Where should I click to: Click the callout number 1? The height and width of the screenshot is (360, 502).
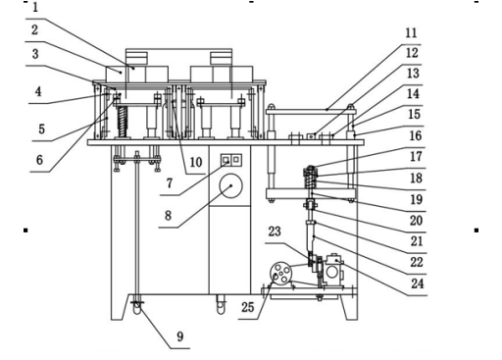[35, 8]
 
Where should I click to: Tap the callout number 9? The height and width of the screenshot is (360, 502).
[180, 336]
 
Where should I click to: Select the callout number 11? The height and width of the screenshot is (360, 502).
[411, 32]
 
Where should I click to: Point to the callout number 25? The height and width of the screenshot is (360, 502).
[248, 307]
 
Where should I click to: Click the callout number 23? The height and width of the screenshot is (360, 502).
[275, 231]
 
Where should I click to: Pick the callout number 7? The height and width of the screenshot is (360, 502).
[170, 183]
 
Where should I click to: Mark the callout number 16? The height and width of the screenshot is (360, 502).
[416, 135]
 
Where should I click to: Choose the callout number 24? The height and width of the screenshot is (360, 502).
[418, 283]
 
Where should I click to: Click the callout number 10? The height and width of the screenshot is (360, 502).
[196, 162]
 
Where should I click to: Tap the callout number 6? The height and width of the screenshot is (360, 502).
[39, 160]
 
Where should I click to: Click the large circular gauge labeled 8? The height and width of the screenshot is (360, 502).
[231, 185]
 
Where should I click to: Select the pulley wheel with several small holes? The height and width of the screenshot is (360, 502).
[280, 274]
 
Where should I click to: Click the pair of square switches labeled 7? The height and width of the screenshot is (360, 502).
[231, 160]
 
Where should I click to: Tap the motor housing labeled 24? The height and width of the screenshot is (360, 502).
[333, 271]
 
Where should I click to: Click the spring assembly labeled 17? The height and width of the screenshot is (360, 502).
[311, 177]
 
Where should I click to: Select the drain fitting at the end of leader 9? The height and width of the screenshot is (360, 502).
[138, 307]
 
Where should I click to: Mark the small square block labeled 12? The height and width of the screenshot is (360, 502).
[311, 135]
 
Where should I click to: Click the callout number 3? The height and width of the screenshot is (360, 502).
[35, 54]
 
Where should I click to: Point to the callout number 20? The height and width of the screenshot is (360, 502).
[416, 221]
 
